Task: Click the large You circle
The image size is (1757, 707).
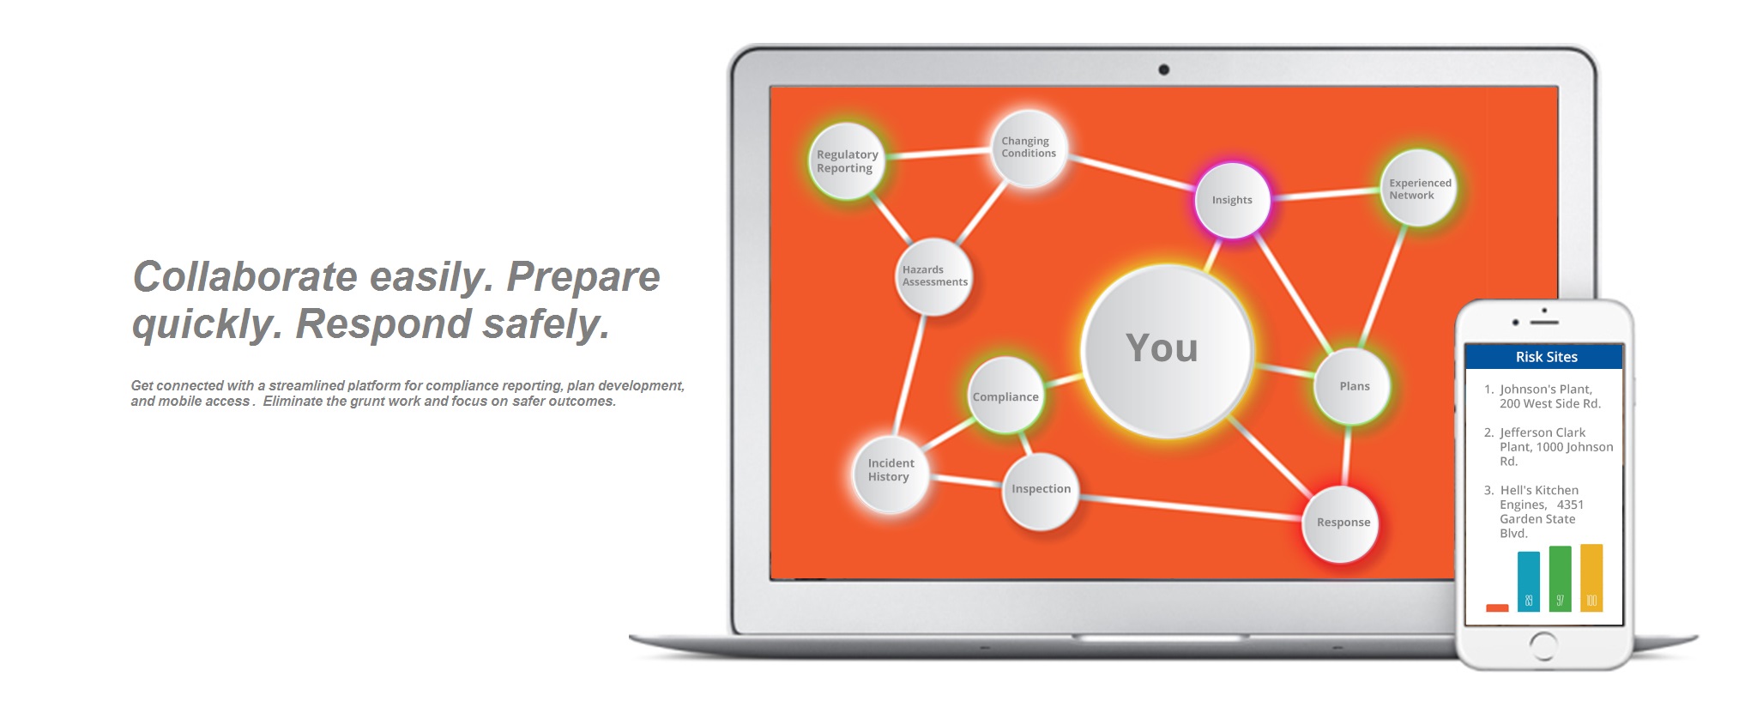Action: click(1165, 350)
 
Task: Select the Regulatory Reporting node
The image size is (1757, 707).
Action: click(847, 161)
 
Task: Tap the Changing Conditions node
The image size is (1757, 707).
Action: click(1029, 148)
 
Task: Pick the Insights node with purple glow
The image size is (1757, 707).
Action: click(1232, 200)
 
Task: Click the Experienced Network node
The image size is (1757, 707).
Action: click(1418, 189)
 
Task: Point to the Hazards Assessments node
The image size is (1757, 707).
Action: click(933, 276)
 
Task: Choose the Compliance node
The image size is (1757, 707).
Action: click(1005, 396)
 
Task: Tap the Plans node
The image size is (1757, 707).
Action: click(1354, 386)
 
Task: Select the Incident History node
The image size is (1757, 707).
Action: click(891, 470)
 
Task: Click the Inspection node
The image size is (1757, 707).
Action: click(1041, 489)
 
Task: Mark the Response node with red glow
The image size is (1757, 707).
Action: click(1342, 523)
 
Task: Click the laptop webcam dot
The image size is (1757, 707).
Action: click(1163, 69)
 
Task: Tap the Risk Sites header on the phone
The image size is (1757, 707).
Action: click(1545, 357)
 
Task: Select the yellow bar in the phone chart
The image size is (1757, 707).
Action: click(1591, 577)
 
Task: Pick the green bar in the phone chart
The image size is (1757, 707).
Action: click(1560, 578)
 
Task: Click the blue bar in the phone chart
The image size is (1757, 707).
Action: click(1528, 581)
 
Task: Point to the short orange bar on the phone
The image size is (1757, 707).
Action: click(1497, 607)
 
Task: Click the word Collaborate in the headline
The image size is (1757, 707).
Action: click(245, 277)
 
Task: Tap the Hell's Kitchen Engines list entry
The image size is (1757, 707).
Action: click(1539, 511)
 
